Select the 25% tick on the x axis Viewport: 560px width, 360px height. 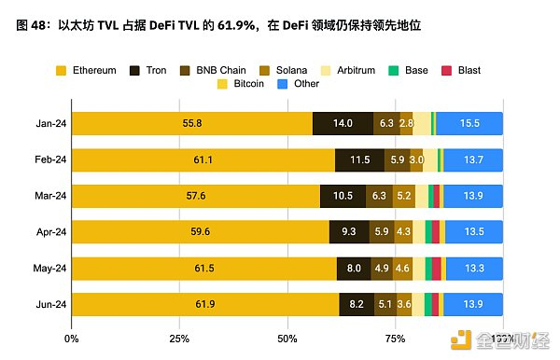(180, 338)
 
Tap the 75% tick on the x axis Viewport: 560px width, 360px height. (395, 338)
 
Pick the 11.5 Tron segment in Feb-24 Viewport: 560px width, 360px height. (359, 160)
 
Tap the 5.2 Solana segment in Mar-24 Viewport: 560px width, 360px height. (404, 197)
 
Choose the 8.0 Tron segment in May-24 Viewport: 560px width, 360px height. (354, 269)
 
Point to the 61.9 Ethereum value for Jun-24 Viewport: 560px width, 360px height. (205, 305)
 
